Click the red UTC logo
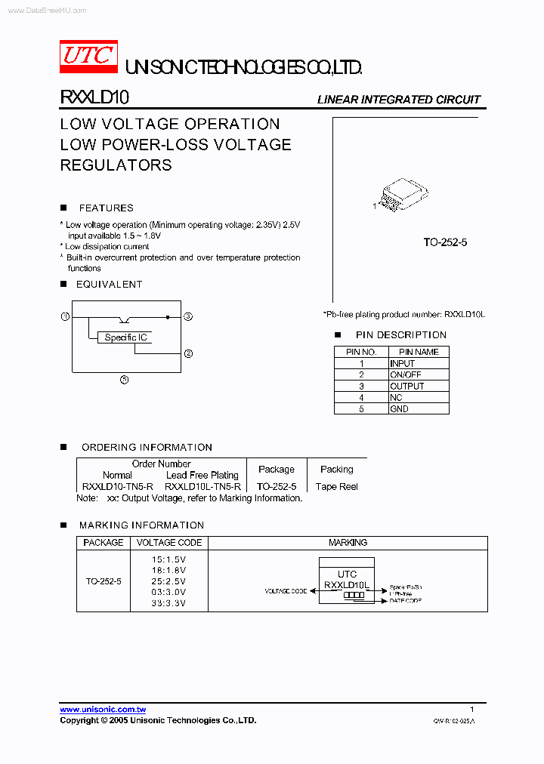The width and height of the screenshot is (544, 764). click(x=88, y=56)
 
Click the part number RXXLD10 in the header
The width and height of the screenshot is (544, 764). click(x=94, y=98)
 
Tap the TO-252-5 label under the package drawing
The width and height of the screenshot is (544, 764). click(x=445, y=242)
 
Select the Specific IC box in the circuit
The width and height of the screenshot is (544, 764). click(x=125, y=337)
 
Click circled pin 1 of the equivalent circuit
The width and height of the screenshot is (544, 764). click(x=65, y=316)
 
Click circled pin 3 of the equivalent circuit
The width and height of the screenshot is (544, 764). click(x=188, y=316)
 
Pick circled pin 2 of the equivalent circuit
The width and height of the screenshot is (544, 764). click(x=188, y=353)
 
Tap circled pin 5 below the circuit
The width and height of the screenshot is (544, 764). click(x=125, y=379)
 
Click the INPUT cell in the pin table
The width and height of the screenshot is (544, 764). click(x=402, y=363)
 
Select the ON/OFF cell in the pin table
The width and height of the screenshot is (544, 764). click(x=406, y=374)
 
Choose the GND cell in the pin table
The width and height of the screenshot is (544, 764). click(x=399, y=408)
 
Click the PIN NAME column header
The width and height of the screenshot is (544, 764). click(x=419, y=352)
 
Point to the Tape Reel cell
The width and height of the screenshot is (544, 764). click(x=337, y=486)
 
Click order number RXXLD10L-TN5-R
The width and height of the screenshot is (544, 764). click(x=202, y=486)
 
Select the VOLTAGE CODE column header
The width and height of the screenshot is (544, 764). click(x=168, y=542)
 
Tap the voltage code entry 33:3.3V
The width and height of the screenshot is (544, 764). click(x=168, y=602)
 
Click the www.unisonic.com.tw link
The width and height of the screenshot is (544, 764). click(x=103, y=709)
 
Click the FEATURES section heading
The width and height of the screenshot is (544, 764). click(x=106, y=208)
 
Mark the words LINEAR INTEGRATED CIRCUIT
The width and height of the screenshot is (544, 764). click(x=398, y=100)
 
